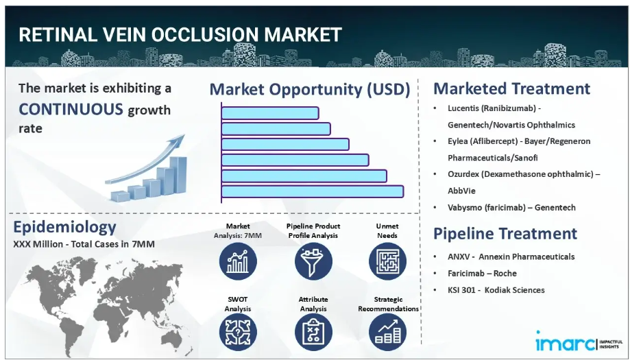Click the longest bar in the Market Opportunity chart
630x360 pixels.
point(313,191)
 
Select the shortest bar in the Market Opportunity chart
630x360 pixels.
point(270,113)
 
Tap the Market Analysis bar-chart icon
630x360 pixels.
point(238,261)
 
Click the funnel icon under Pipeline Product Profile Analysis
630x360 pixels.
point(313,261)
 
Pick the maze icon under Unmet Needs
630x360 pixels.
point(387,261)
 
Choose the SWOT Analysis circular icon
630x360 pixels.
point(238,333)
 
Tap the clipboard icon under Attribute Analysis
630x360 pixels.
point(313,333)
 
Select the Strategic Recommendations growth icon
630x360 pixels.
point(387,333)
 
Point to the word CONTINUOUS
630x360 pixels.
point(71,109)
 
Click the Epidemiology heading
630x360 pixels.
point(64,227)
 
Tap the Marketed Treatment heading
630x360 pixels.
point(511,88)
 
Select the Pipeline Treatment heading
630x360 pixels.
point(505,233)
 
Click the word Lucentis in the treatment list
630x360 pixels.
point(463,108)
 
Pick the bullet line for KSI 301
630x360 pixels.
point(496,290)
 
